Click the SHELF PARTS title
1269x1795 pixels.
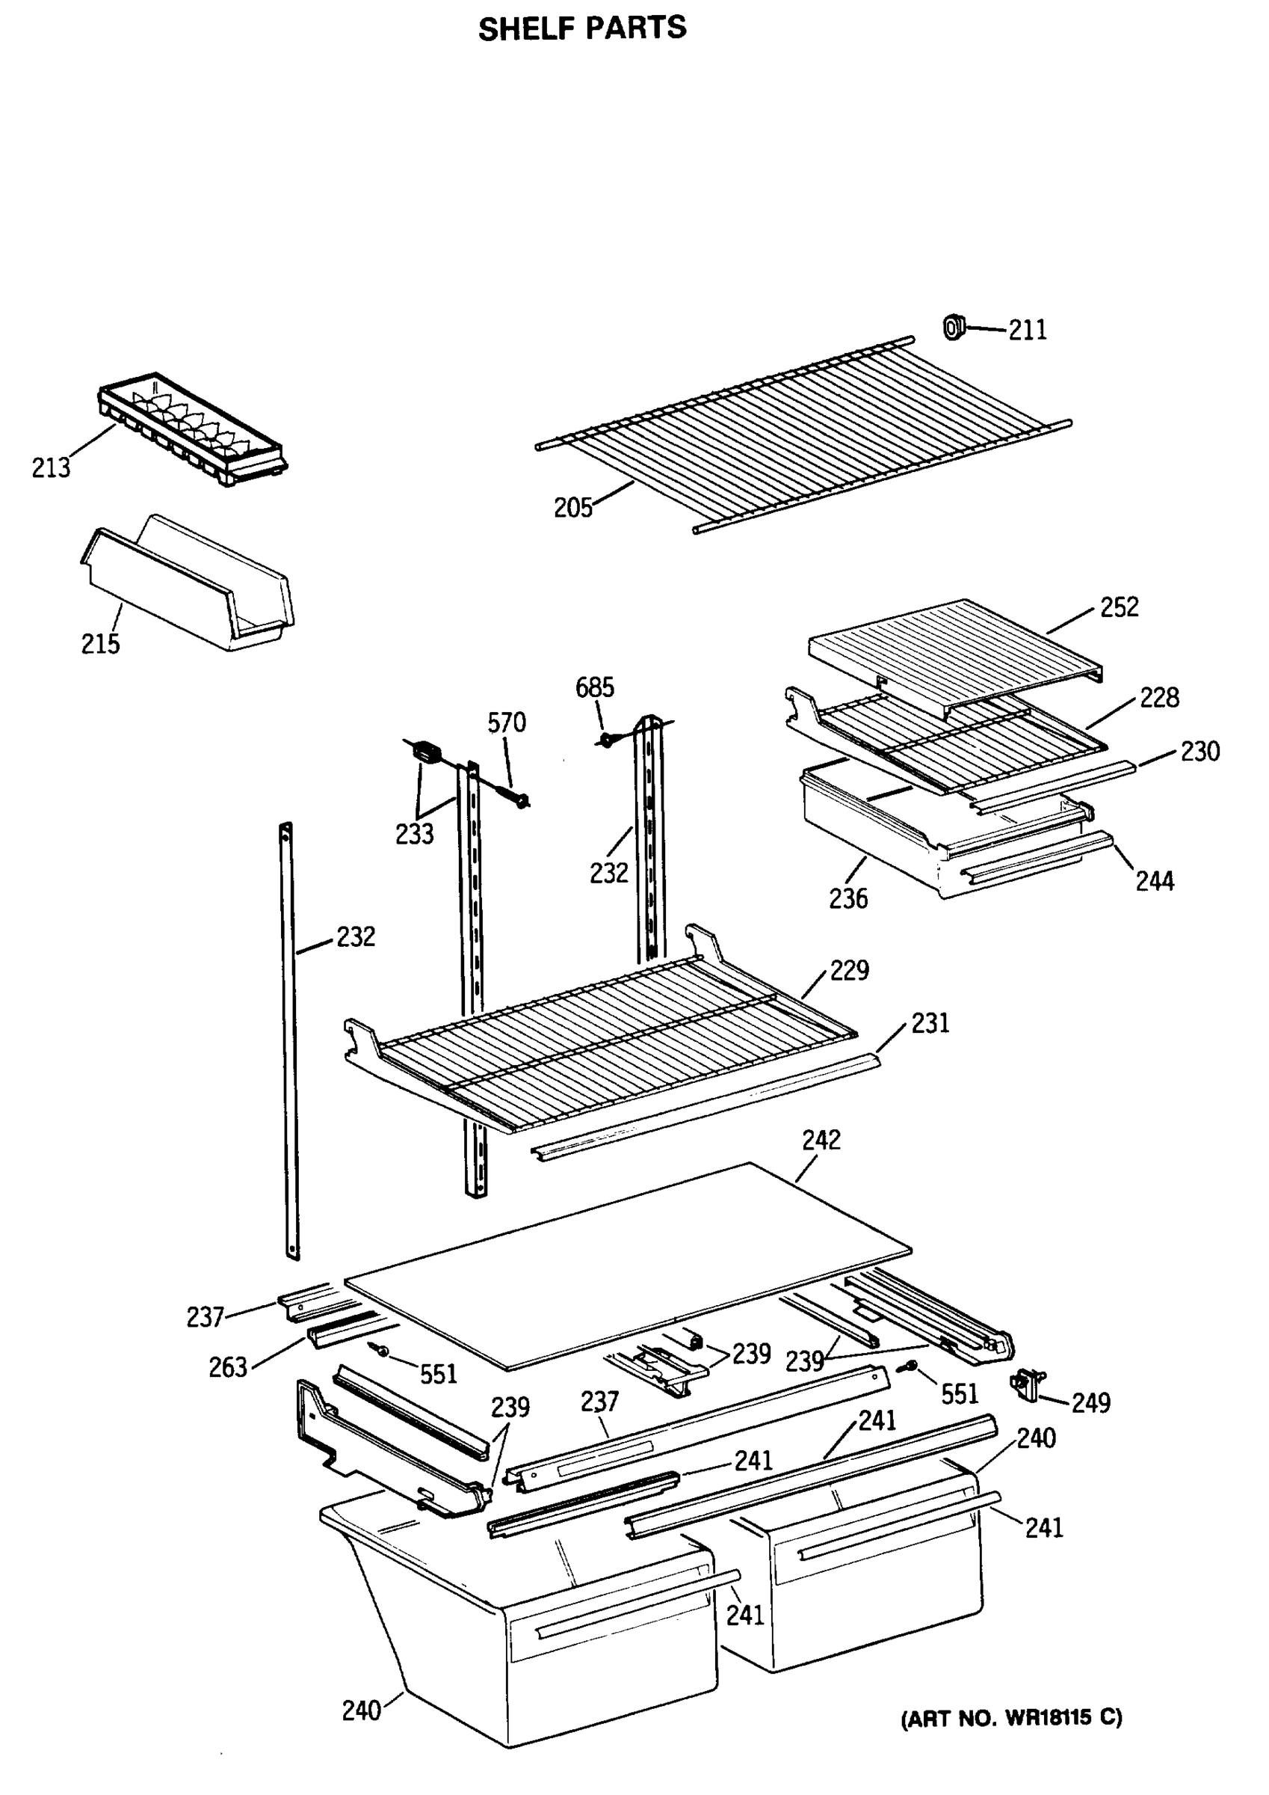pos(582,29)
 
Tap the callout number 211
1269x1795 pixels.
pos(1027,331)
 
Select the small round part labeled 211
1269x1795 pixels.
pos(954,326)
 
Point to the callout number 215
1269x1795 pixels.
pos(100,644)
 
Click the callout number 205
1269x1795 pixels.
pos(572,508)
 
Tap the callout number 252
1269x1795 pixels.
pos(1119,607)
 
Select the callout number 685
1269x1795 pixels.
pos(595,688)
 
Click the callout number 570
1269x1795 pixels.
pos(507,723)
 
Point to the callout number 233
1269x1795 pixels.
pos(414,835)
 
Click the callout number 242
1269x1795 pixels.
pos(821,1141)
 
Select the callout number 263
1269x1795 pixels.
pos(227,1367)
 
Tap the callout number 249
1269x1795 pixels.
pos(1090,1403)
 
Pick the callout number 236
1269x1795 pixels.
pos(847,900)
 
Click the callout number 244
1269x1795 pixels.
pos(1154,882)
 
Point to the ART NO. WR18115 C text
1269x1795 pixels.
pos(1012,1719)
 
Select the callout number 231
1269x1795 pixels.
pos(930,1023)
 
